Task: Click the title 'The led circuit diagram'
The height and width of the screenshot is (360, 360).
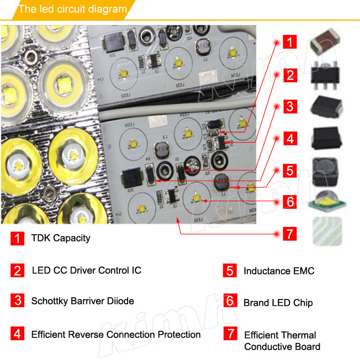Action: click(x=73, y=9)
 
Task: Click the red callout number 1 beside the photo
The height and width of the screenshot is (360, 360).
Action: click(x=289, y=42)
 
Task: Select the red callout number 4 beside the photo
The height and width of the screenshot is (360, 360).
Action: click(x=289, y=139)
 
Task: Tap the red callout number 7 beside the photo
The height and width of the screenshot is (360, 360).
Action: click(x=289, y=234)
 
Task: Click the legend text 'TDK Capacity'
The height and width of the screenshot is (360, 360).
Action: click(x=60, y=238)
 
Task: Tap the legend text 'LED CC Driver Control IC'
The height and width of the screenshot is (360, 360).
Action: click(x=86, y=270)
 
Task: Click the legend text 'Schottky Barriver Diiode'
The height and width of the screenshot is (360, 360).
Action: click(x=83, y=301)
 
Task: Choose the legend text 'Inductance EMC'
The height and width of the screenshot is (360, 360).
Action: click(x=279, y=271)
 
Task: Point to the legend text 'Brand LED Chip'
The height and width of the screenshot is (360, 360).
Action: click(x=278, y=302)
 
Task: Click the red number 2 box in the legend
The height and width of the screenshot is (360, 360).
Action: click(x=17, y=271)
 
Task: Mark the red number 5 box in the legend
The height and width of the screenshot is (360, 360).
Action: click(x=230, y=271)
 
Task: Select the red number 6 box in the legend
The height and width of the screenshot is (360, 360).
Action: click(x=230, y=301)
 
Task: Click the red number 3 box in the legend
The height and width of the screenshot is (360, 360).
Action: click(x=17, y=301)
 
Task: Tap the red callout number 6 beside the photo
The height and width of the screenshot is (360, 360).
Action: click(x=289, y=202)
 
